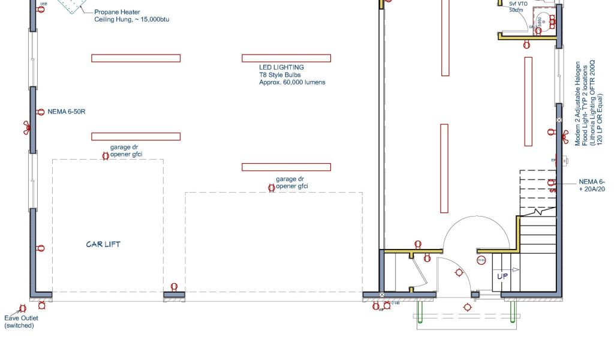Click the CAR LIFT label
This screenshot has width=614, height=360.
(x=104, y=244)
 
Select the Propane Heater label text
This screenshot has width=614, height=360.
(x=118, y=12)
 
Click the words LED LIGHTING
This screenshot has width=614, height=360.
(x=281, y=67)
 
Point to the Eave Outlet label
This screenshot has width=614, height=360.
(x=22, y=318)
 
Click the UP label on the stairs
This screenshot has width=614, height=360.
(x=502, y=276)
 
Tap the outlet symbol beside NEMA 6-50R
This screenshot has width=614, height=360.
(x=40, y=112)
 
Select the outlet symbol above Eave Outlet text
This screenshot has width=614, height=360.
(x=23, y=308)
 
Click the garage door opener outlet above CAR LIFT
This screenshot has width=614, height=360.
(x=106, y=155)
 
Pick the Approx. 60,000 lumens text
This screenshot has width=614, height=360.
(x=292, y=82)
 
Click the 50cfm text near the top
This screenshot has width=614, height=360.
(x=516, y=10)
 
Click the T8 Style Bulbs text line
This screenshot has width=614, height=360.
(x=280, y=75)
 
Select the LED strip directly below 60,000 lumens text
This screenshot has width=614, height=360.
(x=286, y=167)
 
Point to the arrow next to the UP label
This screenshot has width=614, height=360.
(x=514, y=270)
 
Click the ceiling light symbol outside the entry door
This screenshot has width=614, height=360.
(x=467, y=308)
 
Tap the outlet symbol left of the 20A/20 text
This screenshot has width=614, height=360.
(x=552, y=182)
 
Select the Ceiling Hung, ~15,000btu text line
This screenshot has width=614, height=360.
(x=132, y=20)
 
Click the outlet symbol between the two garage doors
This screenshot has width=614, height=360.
(x=174, y=287)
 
